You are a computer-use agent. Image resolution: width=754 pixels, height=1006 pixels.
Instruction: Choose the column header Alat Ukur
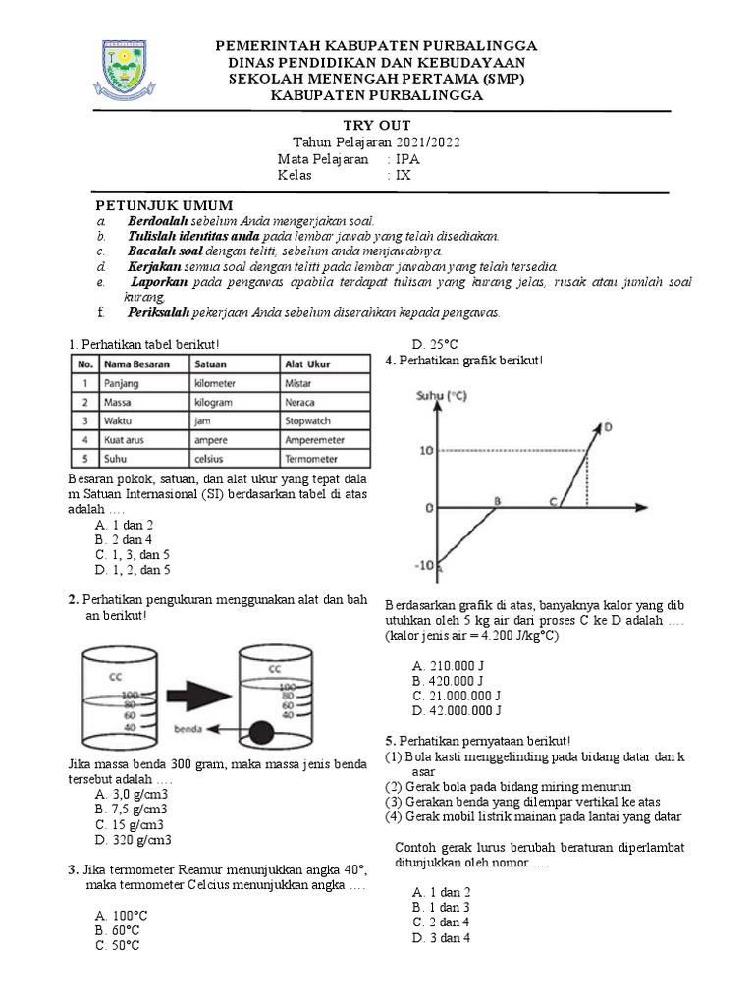306,364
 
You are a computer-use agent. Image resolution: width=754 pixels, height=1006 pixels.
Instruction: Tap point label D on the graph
608,426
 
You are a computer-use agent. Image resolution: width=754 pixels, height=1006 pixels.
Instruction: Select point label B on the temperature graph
497,500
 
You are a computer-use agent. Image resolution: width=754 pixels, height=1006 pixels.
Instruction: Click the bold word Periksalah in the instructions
161,312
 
